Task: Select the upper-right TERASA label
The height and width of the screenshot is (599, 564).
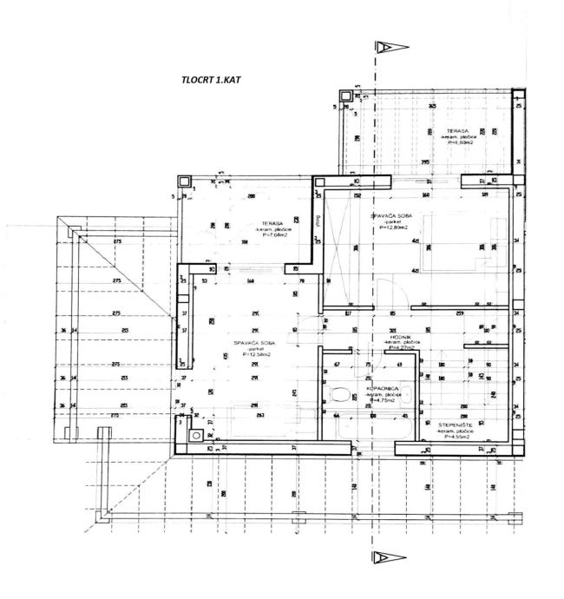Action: click(434, 130)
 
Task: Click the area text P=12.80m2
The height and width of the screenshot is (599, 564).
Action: click(393, 228)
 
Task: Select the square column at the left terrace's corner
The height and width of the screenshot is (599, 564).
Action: click(184, 181)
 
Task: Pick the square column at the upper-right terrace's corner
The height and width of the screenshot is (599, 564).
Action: click(346, 93)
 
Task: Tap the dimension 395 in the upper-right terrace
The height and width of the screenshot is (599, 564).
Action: click(425, 162)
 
